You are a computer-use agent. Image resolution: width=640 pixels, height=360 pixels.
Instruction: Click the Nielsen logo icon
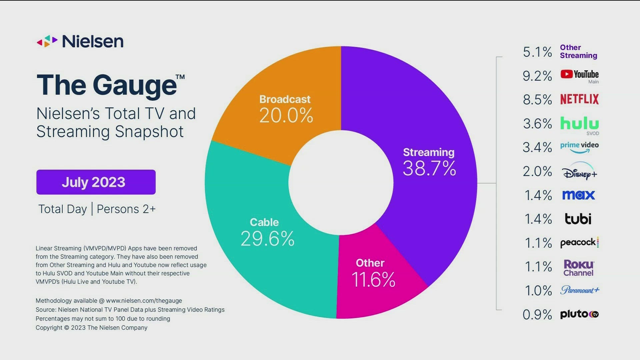pyautogui.click(x=47, y=41)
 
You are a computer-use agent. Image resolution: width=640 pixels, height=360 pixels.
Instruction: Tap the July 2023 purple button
pyautogui.click(x=96, y=182)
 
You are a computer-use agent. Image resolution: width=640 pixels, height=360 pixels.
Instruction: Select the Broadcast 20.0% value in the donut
pyautogui.click(x=286, y=116)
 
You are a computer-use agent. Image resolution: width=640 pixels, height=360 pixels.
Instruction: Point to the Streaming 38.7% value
pyautogui.click(x=429, y=168)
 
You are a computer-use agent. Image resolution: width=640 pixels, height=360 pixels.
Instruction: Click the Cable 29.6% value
pyautogui.click(x=267, y=239)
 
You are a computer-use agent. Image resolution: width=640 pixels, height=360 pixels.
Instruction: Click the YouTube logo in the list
pyautogui.click(x=579, y=74)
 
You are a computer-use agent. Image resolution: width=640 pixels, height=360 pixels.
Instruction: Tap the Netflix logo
pyautogui.click(x=579, y=99)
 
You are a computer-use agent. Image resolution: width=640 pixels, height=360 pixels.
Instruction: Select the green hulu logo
pyautogui.click(x=579, y=123)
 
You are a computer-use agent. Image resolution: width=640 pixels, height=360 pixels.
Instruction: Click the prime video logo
pyautogui.click(x=579, y=147)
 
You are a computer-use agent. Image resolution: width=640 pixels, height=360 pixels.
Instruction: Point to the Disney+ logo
pyautogui.click(x=579, y=172)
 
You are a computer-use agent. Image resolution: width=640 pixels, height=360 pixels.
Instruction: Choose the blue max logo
pyautogui.click(x=578, y=195)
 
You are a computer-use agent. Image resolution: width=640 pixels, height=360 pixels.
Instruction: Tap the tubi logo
pyautogui.click(x=578, y=219)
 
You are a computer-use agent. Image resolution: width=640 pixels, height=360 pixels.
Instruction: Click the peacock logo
pyautogui.click(x=579, y=242)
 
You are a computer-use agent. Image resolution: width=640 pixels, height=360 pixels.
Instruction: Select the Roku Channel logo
pyautogui.click(x=579, y=268)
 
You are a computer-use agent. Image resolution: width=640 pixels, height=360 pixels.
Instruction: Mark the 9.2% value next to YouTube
pyautogui.click(x=537, y=76)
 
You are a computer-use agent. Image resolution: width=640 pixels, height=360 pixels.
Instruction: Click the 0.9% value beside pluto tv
pyautogui.click(x=537, y=314)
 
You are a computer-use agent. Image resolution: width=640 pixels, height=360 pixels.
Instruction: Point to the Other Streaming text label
pyautogui.click(x=578, y=52)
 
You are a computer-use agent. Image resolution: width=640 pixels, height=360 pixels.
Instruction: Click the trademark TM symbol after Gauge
pyautogui.click(x=180, y=77)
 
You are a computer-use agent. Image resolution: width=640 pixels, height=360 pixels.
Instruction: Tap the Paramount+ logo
pyautogui.click(x=579, y=290)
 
